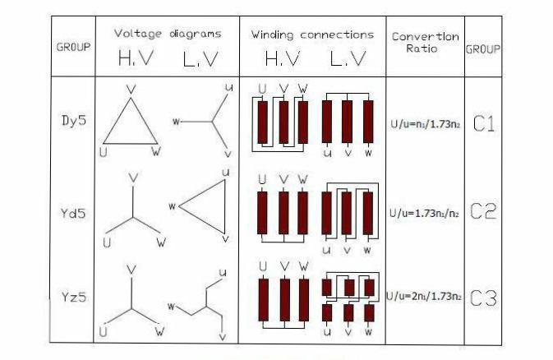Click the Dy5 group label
tap(74, 121)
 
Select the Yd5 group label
tap(73, 213)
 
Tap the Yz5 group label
tap(74, 297)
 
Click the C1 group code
tap(484, 124)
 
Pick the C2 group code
tap(483, 211)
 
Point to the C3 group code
tap(483, 298)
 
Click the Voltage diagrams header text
tap(168, 34)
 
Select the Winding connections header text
tap(312, 35)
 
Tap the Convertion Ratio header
tap(426, 42)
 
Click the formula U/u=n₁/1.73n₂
tap(426, 124)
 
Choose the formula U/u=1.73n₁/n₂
tap(424, 213)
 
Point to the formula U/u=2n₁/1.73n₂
tap(424, 296)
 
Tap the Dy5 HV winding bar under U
tap(262, 122)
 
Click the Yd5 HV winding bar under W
tap(302, 213)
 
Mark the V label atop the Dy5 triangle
tap(131, 90)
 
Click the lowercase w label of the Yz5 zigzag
tap(172, 307)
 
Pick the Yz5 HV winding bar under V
tap(285, 300)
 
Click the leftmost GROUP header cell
tap(73, 47)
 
